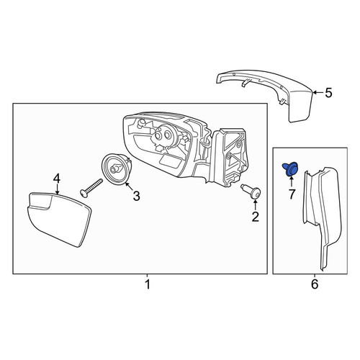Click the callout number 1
click(148, 284)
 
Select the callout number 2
click(256, 217)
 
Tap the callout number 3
click(136, 196)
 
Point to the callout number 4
click(57, 179)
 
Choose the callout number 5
click(328, 93)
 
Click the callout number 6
click(315, 284)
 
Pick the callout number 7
click(292, 194)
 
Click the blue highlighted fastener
click(290, 169)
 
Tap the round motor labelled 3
click(117, 169)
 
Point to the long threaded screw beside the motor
click(91, 188)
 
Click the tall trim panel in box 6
click(323, 216)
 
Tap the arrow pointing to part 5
click(318, 92)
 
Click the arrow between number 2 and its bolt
click(256, 204)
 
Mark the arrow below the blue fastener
click(291, 181)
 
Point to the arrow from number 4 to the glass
click(57, 189)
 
